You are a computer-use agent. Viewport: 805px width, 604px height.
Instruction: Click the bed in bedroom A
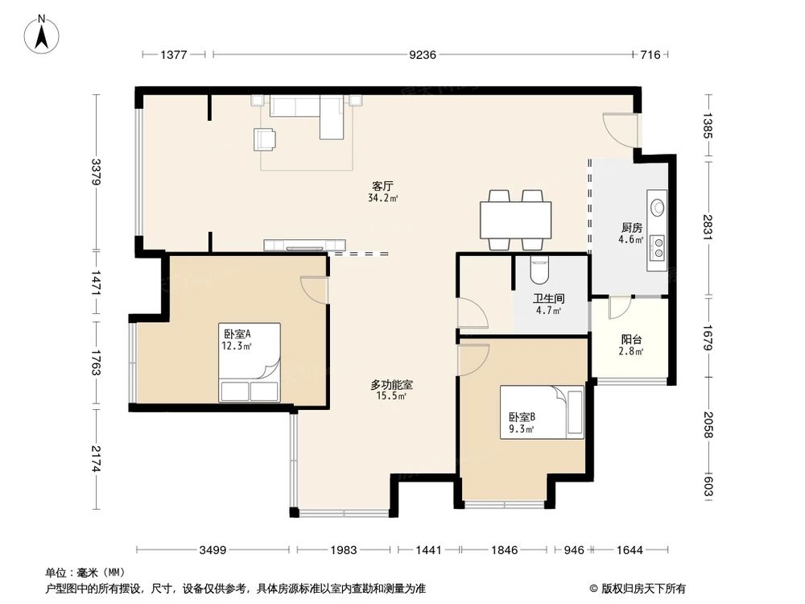click(x=250, y=362)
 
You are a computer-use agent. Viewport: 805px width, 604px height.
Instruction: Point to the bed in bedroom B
click(x=542, y=412)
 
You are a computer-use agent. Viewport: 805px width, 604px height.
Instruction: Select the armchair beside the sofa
click(x=265, y=139)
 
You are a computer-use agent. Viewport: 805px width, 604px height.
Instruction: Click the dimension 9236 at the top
click(x=422, y=55)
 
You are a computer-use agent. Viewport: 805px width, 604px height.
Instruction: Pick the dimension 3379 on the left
click(x=96, y=172)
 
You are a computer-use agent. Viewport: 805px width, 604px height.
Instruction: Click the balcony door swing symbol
click(x=619, y=308)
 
